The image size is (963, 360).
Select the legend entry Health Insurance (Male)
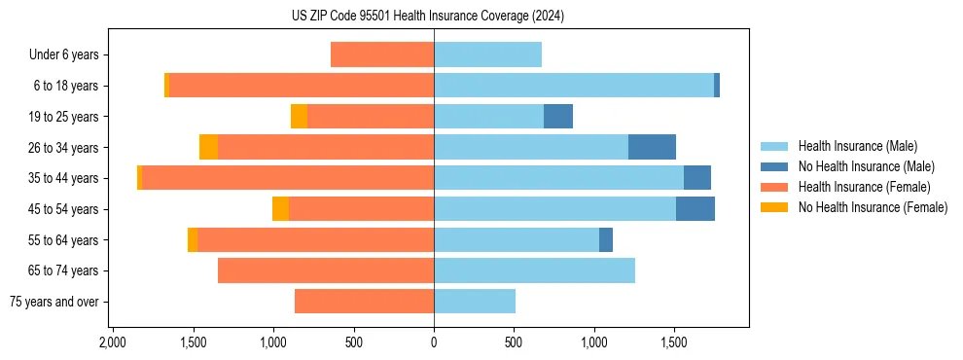(857, 146)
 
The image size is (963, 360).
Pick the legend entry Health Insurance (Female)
(864, 187)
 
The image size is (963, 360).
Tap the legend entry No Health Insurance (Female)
(873, 207)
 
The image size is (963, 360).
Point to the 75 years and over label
(53, 302)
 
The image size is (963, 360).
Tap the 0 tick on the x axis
(434, 343)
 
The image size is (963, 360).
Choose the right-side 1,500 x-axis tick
(674, 343)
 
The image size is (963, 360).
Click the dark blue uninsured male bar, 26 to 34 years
(652, 147)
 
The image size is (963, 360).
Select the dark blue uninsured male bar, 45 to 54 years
(695, 209)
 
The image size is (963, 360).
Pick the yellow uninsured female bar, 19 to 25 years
(299, 117)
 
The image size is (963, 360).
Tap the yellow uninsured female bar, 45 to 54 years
(280, 209)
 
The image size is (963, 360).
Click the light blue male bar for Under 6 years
(487, 55)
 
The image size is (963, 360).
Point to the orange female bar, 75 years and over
(364, 302)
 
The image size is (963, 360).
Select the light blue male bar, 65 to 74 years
(534, 270)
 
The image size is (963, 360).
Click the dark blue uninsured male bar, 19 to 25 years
(558, 117)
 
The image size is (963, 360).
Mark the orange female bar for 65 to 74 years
(326, 270)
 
